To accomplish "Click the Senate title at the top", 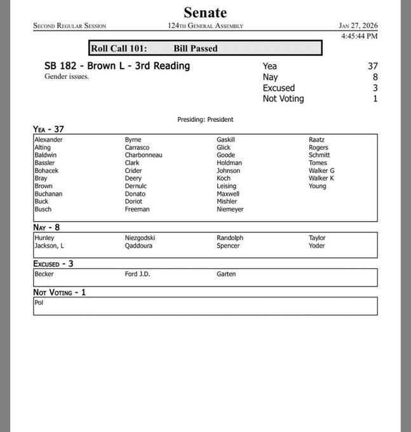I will point(205,12).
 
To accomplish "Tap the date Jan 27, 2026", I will point(359,26).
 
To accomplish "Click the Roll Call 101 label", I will point(120,48).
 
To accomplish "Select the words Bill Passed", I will point(195,48).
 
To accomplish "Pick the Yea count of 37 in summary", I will point(372,66).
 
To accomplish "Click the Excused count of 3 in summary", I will point(375,88).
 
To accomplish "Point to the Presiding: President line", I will point(205,119).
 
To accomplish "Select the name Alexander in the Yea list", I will point(49,140).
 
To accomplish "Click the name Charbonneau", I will point(144,155).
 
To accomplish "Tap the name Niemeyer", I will point(231,209).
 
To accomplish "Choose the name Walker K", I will point(321,179).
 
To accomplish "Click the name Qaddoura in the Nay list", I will point(139,246).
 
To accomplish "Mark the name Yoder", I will point(317,246).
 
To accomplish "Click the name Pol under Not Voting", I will point(39,303).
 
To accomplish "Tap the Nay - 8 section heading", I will point(51,227).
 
